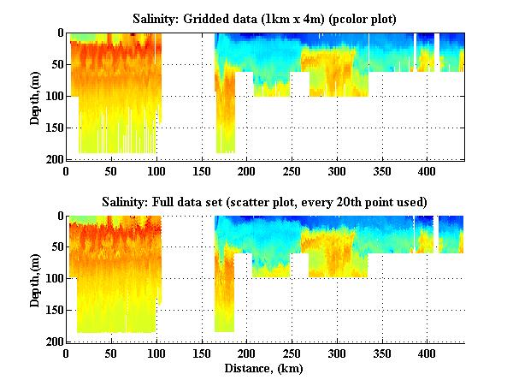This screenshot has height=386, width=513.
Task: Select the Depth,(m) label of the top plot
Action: click(x=35, y=96)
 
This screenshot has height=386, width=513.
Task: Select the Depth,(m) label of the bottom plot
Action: click(x=35, y=279)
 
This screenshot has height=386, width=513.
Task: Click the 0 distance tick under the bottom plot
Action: click(x=67, y=353)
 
